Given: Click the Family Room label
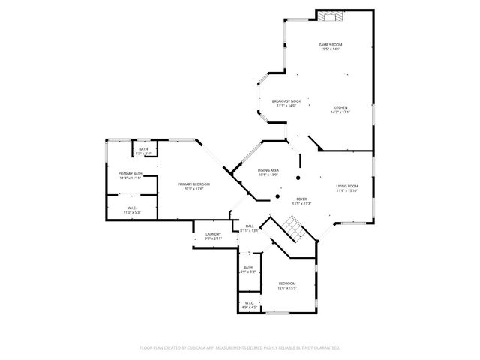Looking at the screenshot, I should click(x=330, y=45).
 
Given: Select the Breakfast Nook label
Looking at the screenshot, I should click(x=286, y=101).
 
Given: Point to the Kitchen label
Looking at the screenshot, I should click(x=340, y=107).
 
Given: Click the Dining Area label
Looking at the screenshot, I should click(x=268, y=170).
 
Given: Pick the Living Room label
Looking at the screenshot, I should click(x=346, y=186).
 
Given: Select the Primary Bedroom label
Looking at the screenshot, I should click(x=193, y=184).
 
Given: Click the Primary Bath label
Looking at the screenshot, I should click(x=130, y=174).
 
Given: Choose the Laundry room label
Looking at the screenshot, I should click(x=213, y=235).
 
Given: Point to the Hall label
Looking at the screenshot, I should click(x=249, y=226).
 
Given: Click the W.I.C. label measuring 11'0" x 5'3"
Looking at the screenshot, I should click(x=131, y=212).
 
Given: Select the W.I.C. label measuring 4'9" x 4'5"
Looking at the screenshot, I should click(x=249, y=307).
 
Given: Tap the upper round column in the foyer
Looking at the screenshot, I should click(x=298, y=178).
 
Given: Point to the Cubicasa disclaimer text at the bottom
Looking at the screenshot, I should click(x=240, y=348).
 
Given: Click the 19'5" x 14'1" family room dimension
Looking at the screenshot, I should click(x=331, y=49).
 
